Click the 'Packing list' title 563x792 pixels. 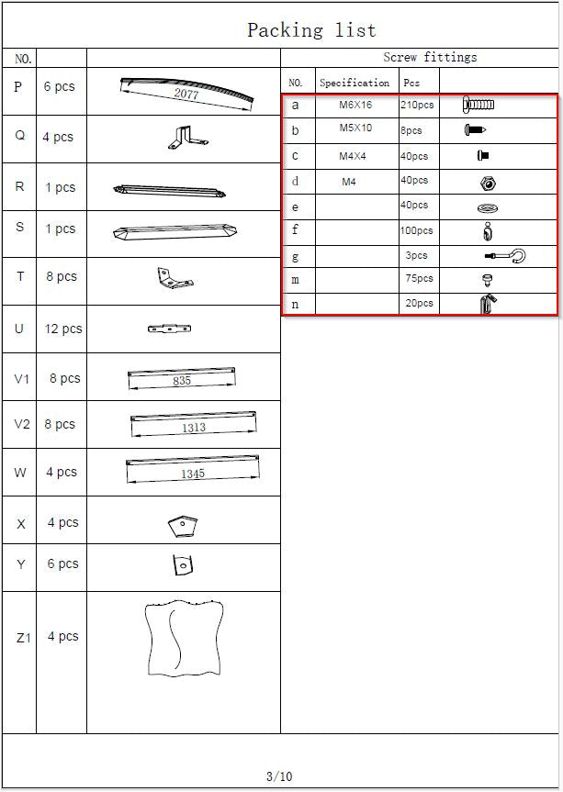pyautogui.click(x=311, y=30)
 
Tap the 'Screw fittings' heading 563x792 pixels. pyautogui.click(x=430, y=57)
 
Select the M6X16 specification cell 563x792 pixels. pyautogui.click(x=355, y=105)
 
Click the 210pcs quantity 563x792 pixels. pyautogui.click(x=417, y=105)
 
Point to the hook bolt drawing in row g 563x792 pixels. pyautogui.click(x=505, y=255)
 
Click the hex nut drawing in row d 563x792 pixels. pyautogui.click(x=489, y=184)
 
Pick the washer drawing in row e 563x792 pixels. pyautogui.click(x=488, y=207)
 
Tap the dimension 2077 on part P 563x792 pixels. pyautogui.click(x=186, y=94)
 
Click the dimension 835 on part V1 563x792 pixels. pyautogui.click(x=182, y=380)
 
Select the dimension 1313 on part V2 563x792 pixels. pyautogui.click(x=194, y=428)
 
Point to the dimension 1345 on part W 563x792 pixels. pyautogui.click(x=193, y=474)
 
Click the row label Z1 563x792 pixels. pyautogui.click(x=23, y=638)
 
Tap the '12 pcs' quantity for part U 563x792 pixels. pyautogui.click(x=63, y=329)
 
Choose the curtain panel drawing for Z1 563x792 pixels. pyautogui.click(x=184, y=638)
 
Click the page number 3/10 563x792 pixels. pyautogui.click(x=279, y=775)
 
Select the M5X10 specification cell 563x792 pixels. pyautogui.click(x=355, y=128)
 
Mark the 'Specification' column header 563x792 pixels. pyautogui.click(x=355, y=83)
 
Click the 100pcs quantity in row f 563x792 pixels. pyautogui.click(x=416, y=231)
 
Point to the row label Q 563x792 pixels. pyautogui.click(x=19, y=136)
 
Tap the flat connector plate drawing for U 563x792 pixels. pyautogui.click(x=169, y=329)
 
